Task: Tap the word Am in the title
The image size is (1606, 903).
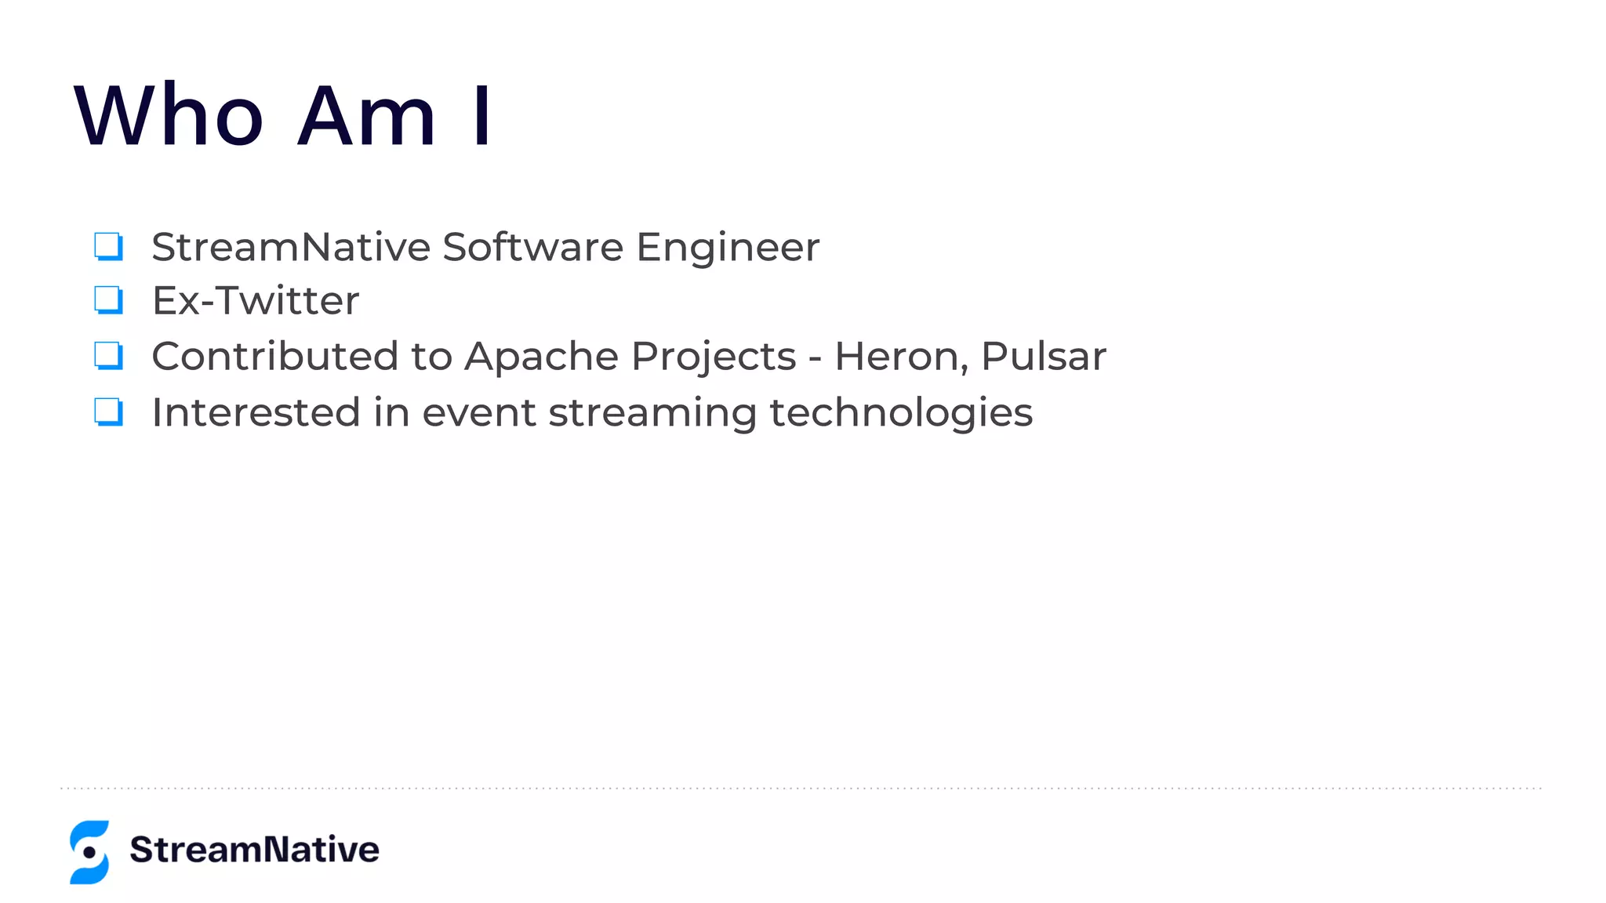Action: click(365, 115)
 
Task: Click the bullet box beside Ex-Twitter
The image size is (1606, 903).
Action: click(108, 299)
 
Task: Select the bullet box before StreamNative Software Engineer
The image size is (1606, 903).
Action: click(108, 245)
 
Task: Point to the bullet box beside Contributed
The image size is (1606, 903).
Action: click(108, 355)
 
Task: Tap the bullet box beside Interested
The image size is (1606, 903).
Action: click(108, 412)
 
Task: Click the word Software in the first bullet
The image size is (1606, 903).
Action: click(533, 247)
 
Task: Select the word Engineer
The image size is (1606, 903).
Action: click(728, 248)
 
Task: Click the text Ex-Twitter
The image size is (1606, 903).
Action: click(256, 300)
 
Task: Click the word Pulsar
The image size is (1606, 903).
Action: click(1044, 357)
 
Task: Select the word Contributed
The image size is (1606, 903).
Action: click(275, 356)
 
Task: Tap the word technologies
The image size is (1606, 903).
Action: click(901, 414)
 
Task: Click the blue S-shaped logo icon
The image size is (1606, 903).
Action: click(89, 852)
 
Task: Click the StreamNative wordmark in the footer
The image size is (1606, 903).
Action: click(254, 850)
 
